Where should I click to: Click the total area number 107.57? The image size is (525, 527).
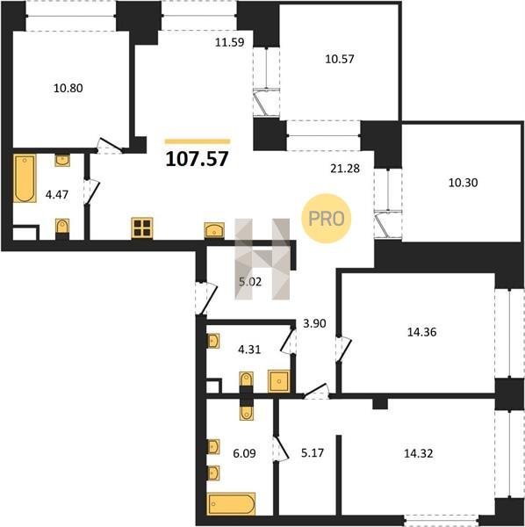point(198,159)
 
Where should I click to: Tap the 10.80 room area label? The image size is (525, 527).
point(68,88)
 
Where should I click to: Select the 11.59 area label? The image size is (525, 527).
point(230,42)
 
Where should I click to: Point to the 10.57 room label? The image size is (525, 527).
point(340,59)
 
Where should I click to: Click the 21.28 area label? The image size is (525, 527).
point(345,169)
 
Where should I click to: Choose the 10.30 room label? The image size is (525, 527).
point(464,183)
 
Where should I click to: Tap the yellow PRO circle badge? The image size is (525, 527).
point(327,219)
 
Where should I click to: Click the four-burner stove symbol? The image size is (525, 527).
point(142,227)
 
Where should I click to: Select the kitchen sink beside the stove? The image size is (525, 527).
point(214,230)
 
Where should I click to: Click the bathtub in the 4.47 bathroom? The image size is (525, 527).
point(25,178)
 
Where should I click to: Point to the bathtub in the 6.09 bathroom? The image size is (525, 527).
point(232,503)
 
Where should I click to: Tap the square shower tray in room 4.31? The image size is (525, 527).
point(278,381)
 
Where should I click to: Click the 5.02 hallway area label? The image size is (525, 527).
point(250,282)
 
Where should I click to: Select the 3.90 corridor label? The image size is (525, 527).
point(314,323)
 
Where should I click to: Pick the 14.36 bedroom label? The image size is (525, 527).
point(422,332)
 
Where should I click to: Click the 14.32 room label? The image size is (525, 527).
point(419,453)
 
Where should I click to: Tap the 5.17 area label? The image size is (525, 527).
point(313,452)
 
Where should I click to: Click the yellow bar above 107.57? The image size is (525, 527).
point(198,141)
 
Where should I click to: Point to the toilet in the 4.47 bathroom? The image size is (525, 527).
point(62,227)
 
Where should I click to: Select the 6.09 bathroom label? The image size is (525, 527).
point(244,453)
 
